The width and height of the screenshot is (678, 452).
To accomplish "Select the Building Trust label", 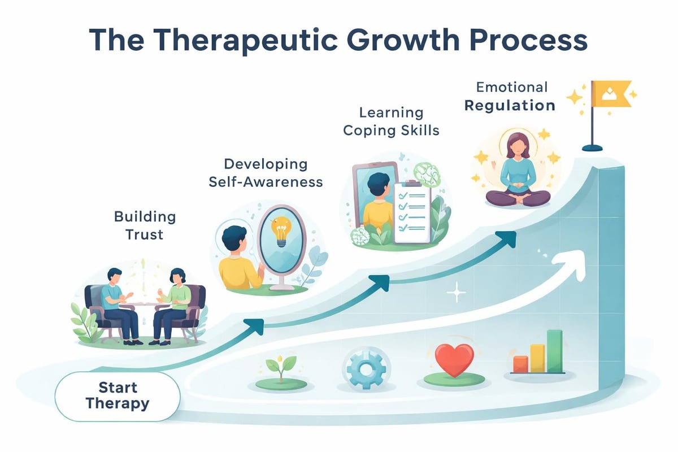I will (x=145, y=225).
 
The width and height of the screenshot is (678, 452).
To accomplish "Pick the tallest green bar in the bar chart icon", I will (x=555, y=351).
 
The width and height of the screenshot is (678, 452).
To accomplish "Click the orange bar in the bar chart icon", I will (x=520, y=364).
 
